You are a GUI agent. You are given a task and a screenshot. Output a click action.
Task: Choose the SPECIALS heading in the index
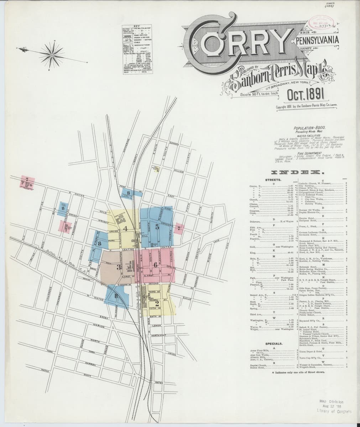274,344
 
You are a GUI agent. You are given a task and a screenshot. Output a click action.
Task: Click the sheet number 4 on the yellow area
125,228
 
